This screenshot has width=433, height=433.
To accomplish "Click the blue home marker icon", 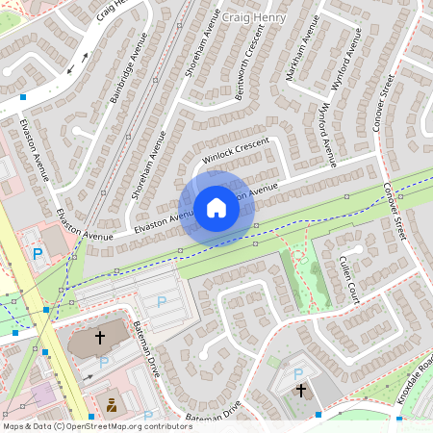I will (x=216, y=208).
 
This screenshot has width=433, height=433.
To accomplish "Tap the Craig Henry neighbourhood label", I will (x=253, y=17).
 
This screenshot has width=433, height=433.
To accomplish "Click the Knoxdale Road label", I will (x=416, y=381).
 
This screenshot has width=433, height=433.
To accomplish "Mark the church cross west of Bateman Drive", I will (x=100, y=338).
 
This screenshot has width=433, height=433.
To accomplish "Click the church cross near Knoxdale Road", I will (x=301, y=391).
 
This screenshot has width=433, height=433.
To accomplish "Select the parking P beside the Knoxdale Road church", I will (x=297, y=373).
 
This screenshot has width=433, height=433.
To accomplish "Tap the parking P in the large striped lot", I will (x=162, y=302).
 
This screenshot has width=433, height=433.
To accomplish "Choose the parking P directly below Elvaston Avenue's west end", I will (x=38, y=254).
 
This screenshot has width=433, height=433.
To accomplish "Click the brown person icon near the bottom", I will (x=112, y=404).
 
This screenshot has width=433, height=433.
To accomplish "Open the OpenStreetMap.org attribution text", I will (x=96, y=426).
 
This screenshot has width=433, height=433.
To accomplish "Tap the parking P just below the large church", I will (x=103, y=363).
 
